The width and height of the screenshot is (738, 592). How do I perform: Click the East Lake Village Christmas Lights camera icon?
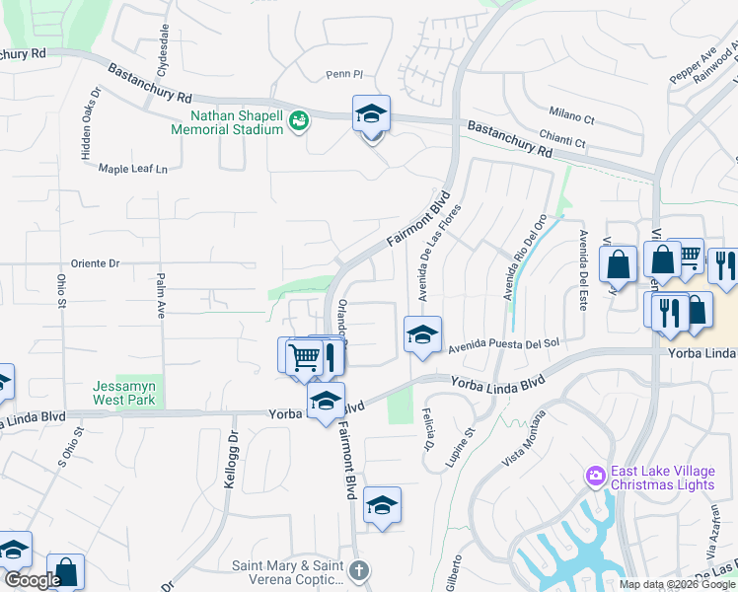click(595, 477)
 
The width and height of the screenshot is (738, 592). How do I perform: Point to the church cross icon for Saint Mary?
click(359, 570)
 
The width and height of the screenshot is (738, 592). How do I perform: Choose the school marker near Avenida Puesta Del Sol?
click(422, 335)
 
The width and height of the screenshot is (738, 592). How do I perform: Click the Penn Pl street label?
click(345, 74)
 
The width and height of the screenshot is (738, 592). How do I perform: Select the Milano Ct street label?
click(574, 118)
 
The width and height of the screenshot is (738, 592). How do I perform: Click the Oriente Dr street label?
click(95, 263)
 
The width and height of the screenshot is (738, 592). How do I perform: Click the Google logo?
click(32, 581)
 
